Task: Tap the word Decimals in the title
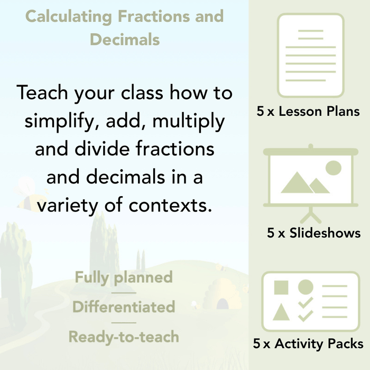pos(125,39)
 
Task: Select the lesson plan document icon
pos(310,55)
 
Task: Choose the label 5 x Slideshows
pos(313,233)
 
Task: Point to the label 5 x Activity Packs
pos(308,344)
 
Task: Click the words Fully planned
pos(124,277)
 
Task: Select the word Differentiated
pos(124,307)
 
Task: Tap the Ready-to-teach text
pos(124,337)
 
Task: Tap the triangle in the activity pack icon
pos(281,312)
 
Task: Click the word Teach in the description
pos(44,94)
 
